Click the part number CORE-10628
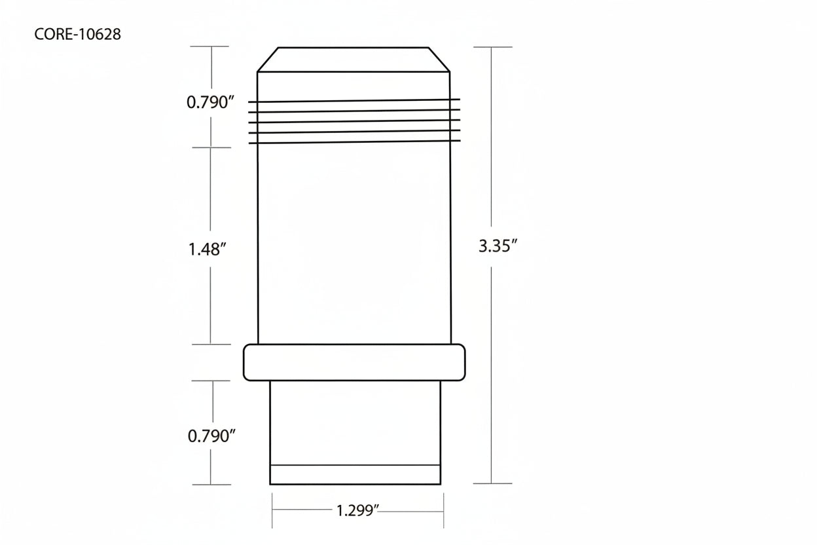pyautogui.click(x=77, y=34)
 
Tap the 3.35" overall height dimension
pyautogui.click(x=498, y=246)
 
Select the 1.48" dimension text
pyautogui.click(x=207, y=250)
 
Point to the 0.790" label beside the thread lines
pyautogui.click(x=209, y=102)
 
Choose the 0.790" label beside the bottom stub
pyautogui.click(x=211, y=436)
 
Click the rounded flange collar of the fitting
pyautogui.click(x=354, y=362)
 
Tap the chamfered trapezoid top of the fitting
pyautogui.click(x=354, y=60)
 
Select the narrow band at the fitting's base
pyautogui.click(x=355, y=475)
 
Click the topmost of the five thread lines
pyautogui.click(x=354, y=100)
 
